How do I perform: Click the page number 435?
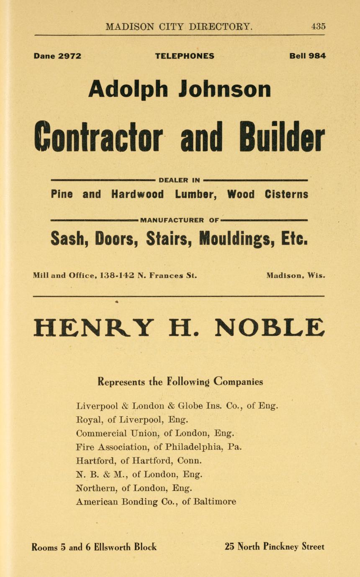coord(318,26)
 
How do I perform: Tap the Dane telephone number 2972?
coord(69,56)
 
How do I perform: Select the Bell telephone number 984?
coord(317,56)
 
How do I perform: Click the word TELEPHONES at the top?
coord(185,56)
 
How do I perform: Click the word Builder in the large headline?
coord(285,138)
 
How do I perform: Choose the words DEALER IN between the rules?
coord(179,180)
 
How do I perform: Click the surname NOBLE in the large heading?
coord(270,328)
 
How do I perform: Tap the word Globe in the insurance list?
coord(191,405)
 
